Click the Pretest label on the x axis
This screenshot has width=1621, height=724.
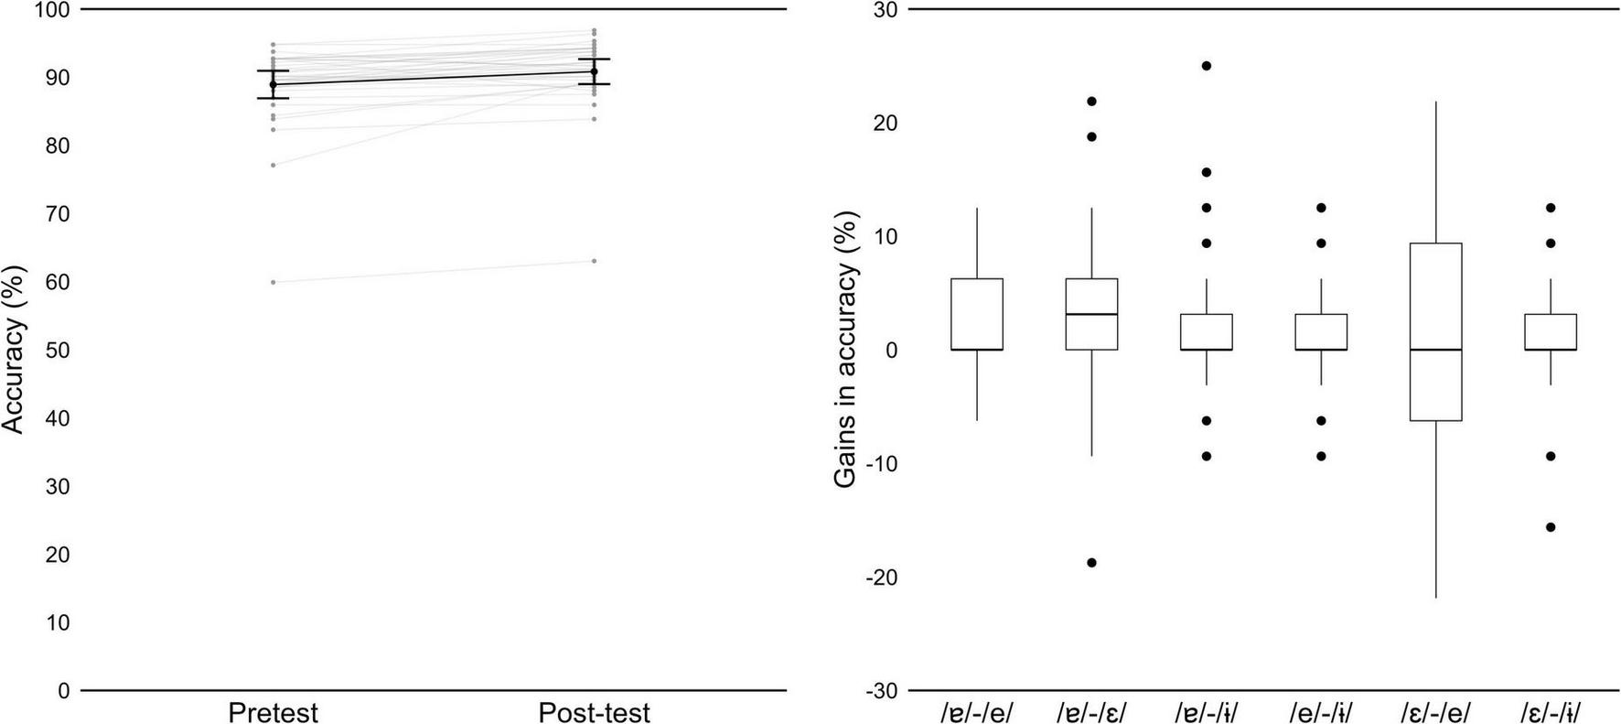(x=273, y=712)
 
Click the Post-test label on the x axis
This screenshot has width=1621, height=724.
(x=594, y=712)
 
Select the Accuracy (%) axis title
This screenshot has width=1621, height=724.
(x=14, y=350)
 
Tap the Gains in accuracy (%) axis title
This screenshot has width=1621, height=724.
(x=846, y=350)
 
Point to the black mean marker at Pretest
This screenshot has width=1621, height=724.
(x=273, y=84)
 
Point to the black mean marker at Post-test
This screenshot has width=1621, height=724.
(x=594, y=71)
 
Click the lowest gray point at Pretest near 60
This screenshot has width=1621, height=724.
(x=273, y=282)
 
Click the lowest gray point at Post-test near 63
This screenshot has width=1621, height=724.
(x=594, y=261)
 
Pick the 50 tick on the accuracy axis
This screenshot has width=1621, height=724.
(x=57, y=351)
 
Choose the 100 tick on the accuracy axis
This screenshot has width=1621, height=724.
(x=52, y=10)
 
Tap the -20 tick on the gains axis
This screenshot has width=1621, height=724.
(x=879, y=578)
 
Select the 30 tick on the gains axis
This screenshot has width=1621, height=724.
(x=886, y=10)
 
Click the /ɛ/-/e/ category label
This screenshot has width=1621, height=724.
(x=1435, y=712)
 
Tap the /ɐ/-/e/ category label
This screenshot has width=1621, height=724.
(x=977, y=712)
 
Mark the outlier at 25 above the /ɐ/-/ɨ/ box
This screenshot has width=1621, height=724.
(x=1207, y=66)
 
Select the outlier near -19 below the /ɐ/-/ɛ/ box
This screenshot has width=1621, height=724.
(x=1091, y=563)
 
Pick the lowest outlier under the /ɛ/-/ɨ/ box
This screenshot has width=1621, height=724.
(x=1551, y=527)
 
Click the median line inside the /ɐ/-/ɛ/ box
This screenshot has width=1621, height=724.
(x=1091, y=314)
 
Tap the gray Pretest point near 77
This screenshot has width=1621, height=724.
(x=273, y=165)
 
